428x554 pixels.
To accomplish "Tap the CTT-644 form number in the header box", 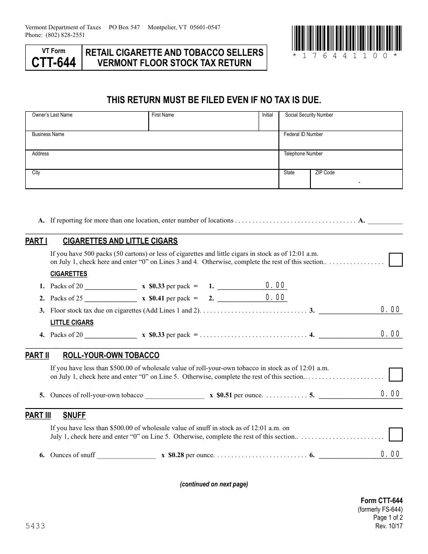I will coord(54,62).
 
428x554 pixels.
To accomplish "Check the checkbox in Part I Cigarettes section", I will coord(396,260).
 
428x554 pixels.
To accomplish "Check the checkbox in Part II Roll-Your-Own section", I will coord(396,375).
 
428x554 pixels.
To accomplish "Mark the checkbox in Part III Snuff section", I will coord(396,434).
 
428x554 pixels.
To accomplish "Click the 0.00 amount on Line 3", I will coord(390,309).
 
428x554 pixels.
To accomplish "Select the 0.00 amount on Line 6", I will coord(390,454).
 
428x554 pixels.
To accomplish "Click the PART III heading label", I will coord(38,415).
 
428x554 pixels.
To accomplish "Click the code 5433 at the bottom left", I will coord(35,526).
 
